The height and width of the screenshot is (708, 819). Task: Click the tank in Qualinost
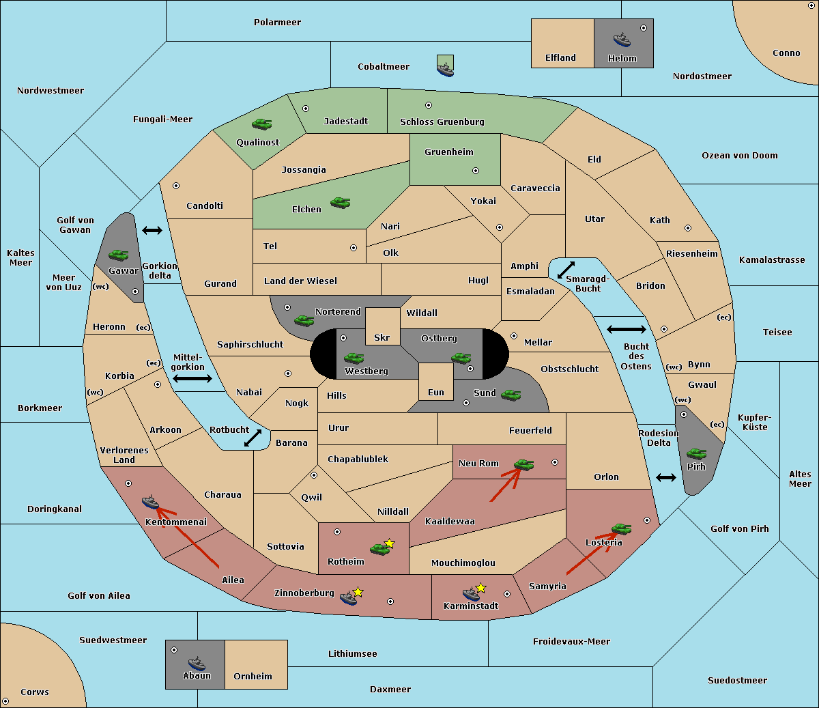point(261,124)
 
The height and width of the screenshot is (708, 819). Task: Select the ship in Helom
point(622,40)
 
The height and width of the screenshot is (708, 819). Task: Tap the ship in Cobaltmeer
point(445,70)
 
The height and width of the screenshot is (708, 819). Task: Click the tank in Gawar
point(118,255)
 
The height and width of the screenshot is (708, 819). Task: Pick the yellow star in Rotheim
point(389,543)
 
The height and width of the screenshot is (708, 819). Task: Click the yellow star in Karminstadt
point(480,587)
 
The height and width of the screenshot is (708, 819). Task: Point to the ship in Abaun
point(197,663)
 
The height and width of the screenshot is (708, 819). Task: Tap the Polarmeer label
point(277,23)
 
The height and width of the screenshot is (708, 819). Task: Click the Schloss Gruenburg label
point(442,122)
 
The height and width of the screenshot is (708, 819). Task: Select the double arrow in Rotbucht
point(253,438)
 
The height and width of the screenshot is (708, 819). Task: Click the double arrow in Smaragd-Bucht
point(566,270)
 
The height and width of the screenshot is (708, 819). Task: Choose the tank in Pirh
point(696,453)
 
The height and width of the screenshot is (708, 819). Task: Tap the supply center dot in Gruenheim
point(476,171)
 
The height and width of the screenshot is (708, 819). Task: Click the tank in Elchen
point(341,203)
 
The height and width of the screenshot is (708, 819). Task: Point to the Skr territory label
point(382,337)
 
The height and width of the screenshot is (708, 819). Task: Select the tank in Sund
point(511,395)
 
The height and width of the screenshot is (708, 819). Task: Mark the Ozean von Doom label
point(740,156)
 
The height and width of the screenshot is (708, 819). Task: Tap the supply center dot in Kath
point(688,228)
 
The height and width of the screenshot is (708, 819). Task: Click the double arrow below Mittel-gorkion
point(192,378)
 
